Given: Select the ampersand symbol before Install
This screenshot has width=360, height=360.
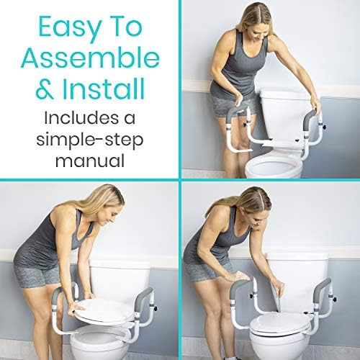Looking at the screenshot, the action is pyautogui.click(x=45, y=89).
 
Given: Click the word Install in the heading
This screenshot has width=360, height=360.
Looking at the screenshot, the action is pyautogui.click(x=104, y=89).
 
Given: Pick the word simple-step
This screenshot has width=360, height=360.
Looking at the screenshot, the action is pyautogui.click(x=90, y=140).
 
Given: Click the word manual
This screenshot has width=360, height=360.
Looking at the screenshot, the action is pyautogui.click(x=90, y=161).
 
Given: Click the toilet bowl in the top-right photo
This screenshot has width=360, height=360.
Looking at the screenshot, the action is pyautogui.click(x=274, y=166).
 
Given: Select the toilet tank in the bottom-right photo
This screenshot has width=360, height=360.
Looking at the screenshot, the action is pyautogui.click(x=297, y=281).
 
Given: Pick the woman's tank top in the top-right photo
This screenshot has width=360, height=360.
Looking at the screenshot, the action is pyautogui.click(x=240, y=65).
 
